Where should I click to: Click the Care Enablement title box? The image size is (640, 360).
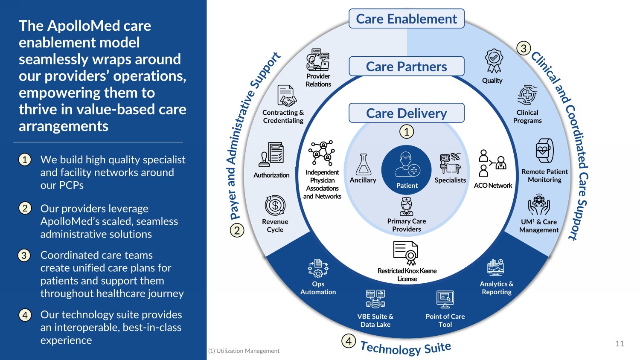pos(406,19)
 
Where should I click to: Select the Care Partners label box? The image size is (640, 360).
pos(406,67)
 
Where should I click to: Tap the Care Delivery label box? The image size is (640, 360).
pos(406,113)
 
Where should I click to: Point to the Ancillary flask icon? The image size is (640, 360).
pos(364,164)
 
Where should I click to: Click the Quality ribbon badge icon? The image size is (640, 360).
pos(494,61)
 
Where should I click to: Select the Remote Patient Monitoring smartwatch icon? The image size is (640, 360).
pos(544,151)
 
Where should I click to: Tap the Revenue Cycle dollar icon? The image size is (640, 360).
pos(275,205)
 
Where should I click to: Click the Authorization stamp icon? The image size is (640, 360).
pos(271,154)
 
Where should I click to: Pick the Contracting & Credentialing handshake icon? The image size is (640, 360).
pos(286,96)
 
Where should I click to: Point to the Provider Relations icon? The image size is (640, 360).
pos(318,59)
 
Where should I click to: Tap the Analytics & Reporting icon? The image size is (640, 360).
pos(496,267)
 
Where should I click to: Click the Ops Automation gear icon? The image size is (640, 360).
pos(318,268)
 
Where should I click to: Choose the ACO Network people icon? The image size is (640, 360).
pos(492,163)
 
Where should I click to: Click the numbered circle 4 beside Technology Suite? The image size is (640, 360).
pos(349,341)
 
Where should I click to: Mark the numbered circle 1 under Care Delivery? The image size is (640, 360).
pos(407,131)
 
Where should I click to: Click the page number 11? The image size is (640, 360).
pos(620,344)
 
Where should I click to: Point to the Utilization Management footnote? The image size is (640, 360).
pos(244,351)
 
